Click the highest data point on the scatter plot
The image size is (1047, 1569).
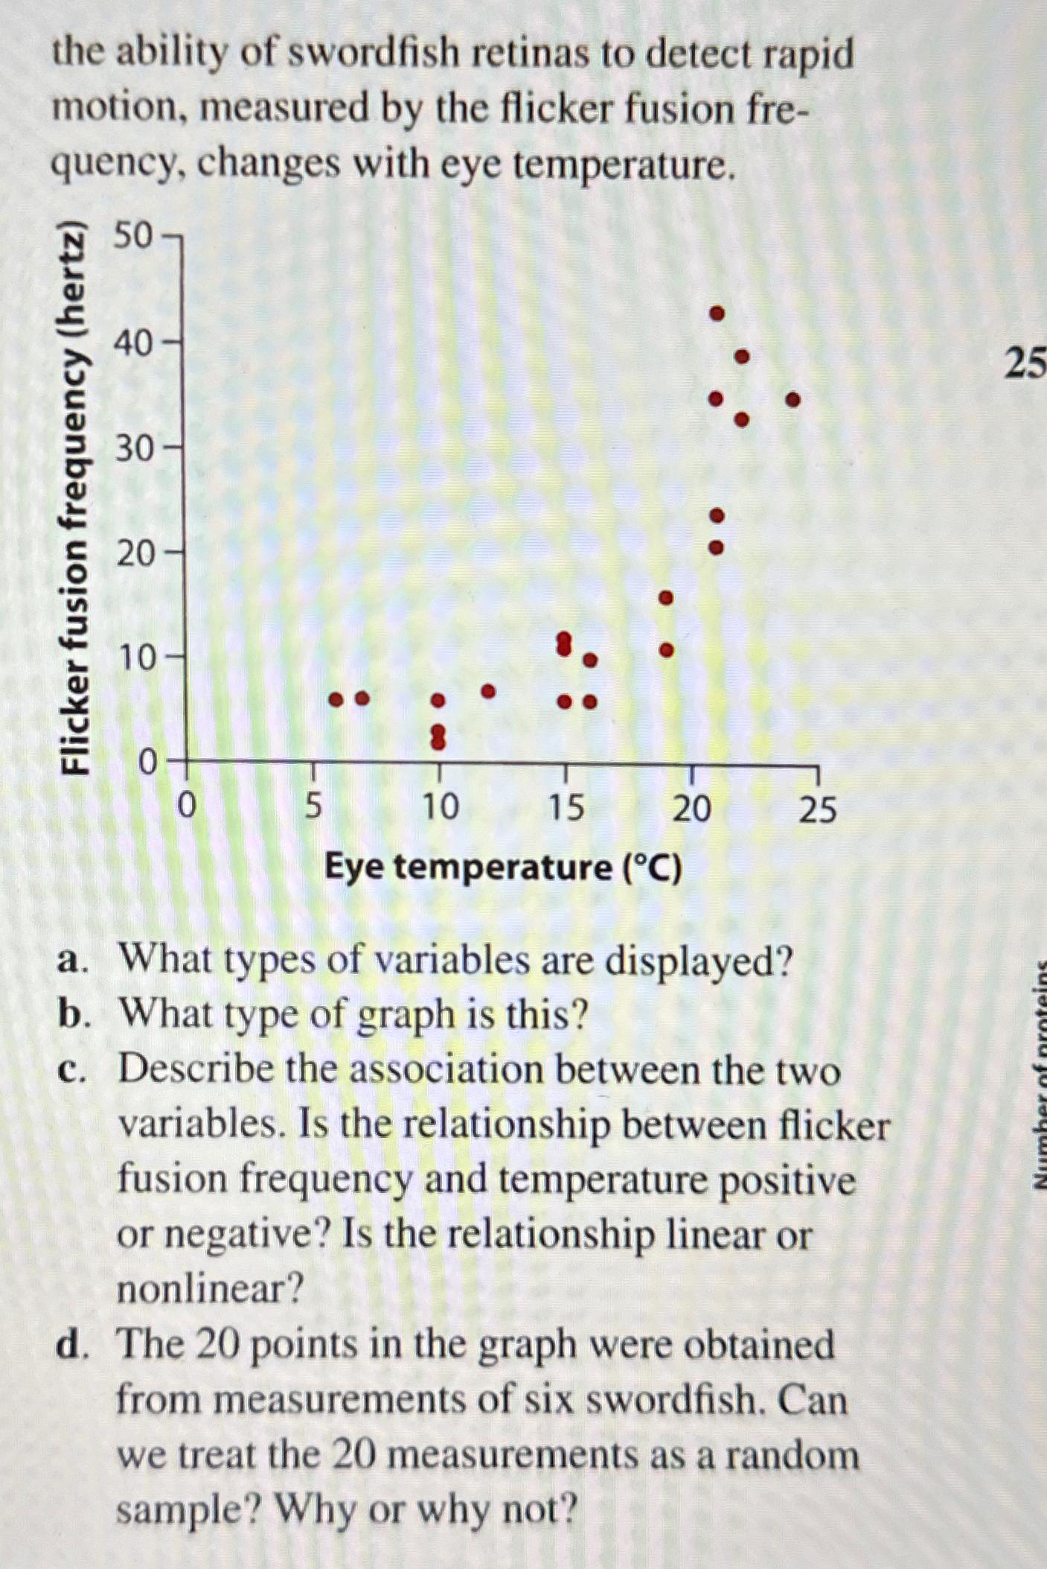[717, 314]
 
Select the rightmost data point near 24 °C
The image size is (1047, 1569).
[793, 400]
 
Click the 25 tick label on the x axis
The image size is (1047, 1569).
[818, 809]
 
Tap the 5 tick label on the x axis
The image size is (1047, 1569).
[313, 806]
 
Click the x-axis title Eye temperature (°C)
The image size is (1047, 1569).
[503, 868]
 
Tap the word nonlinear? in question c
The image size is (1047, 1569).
[211, 1288]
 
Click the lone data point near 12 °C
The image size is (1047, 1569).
[488, 691]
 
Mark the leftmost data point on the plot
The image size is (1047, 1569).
[336, 699]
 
